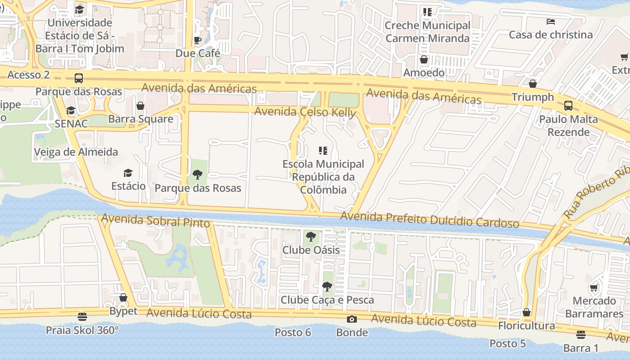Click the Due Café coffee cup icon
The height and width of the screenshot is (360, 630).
[x=198, y=40]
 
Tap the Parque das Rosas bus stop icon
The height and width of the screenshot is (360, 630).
[x=79, y=78]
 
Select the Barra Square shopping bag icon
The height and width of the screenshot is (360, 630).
[x=140, y=106]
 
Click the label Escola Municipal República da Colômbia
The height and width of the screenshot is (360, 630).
[x=323, y=176]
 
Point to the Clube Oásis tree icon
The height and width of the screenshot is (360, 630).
[x=310, y=237]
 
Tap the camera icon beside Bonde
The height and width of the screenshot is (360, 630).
[x=352, y=319]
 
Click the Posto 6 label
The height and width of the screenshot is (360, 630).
[x=293, y=333]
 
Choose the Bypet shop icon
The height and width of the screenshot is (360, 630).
[x=123, y=298]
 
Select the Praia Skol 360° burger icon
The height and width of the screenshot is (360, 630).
[x=82, y=317]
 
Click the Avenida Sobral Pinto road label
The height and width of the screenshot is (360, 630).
[x=156, y=220]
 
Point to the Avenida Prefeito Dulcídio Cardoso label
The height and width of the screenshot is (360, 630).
[x=429, y=220]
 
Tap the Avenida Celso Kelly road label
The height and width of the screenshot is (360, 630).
[x=305, y=112]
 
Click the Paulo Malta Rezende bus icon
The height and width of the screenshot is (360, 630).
[x=568, y=106]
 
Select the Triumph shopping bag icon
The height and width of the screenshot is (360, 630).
[x=533, y=84]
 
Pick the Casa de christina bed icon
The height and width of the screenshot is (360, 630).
[x=550, y=22]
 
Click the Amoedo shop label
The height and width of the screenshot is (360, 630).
[x=424, y=72]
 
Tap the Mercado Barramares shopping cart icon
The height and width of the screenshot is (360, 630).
[x=594, y=288]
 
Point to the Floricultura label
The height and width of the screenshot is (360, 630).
[x=526, y=325]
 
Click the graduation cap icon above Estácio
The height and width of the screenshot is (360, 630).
[x=128, y=173]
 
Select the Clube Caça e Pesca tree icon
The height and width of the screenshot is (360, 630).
[x=327, y=287]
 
